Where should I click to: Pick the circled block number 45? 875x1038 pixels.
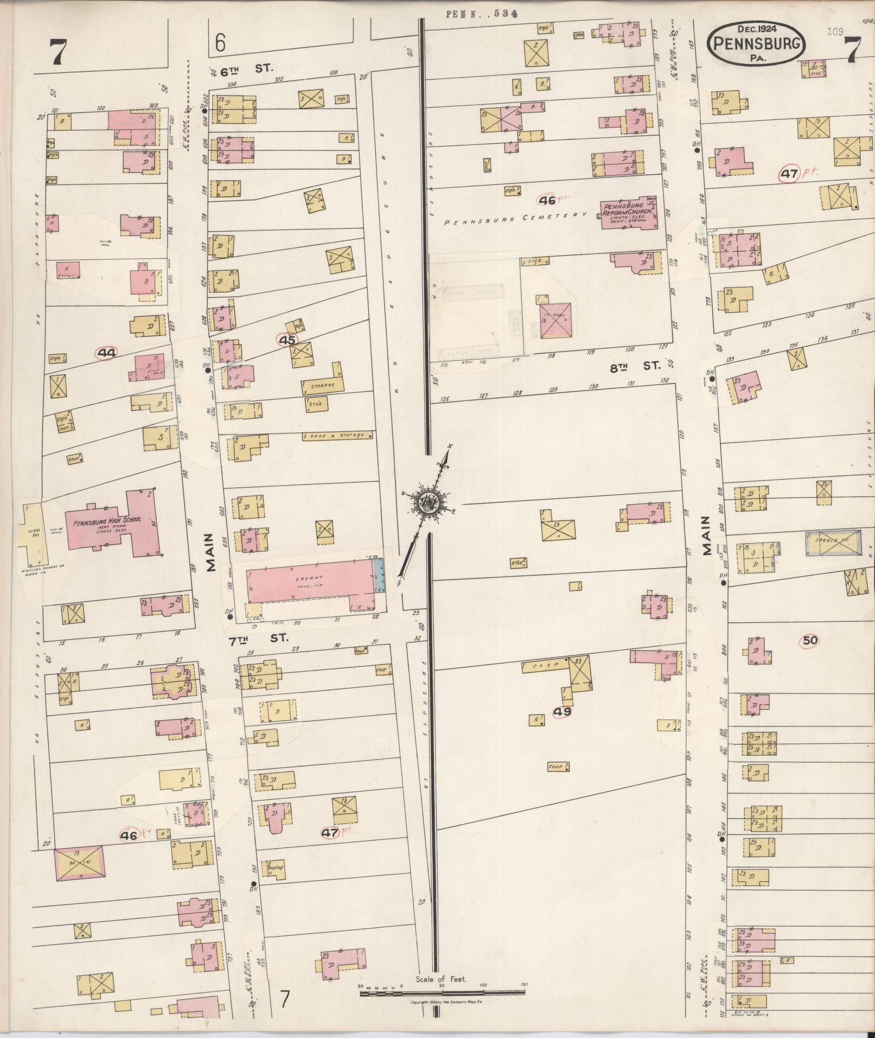(x=287, y=340)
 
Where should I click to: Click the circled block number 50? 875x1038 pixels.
(x=810, y=641)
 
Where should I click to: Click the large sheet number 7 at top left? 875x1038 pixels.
(x=58, y=53)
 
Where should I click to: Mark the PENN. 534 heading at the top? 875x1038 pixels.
(x=481, y=14)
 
